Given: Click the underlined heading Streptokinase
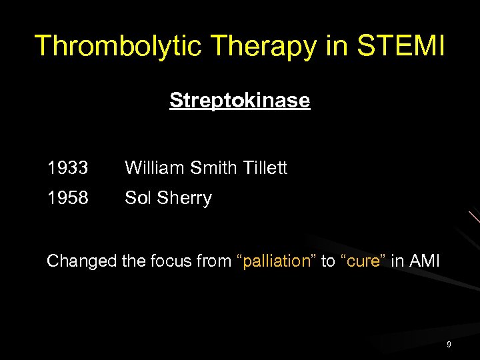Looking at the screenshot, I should coord(239,101).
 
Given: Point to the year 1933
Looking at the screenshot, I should coord(67,169).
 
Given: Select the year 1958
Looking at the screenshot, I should coord(67,198).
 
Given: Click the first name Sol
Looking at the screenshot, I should coord(138,198).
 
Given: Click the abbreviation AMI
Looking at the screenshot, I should coord(425,261).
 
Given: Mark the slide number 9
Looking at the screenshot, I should coord(449,345).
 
